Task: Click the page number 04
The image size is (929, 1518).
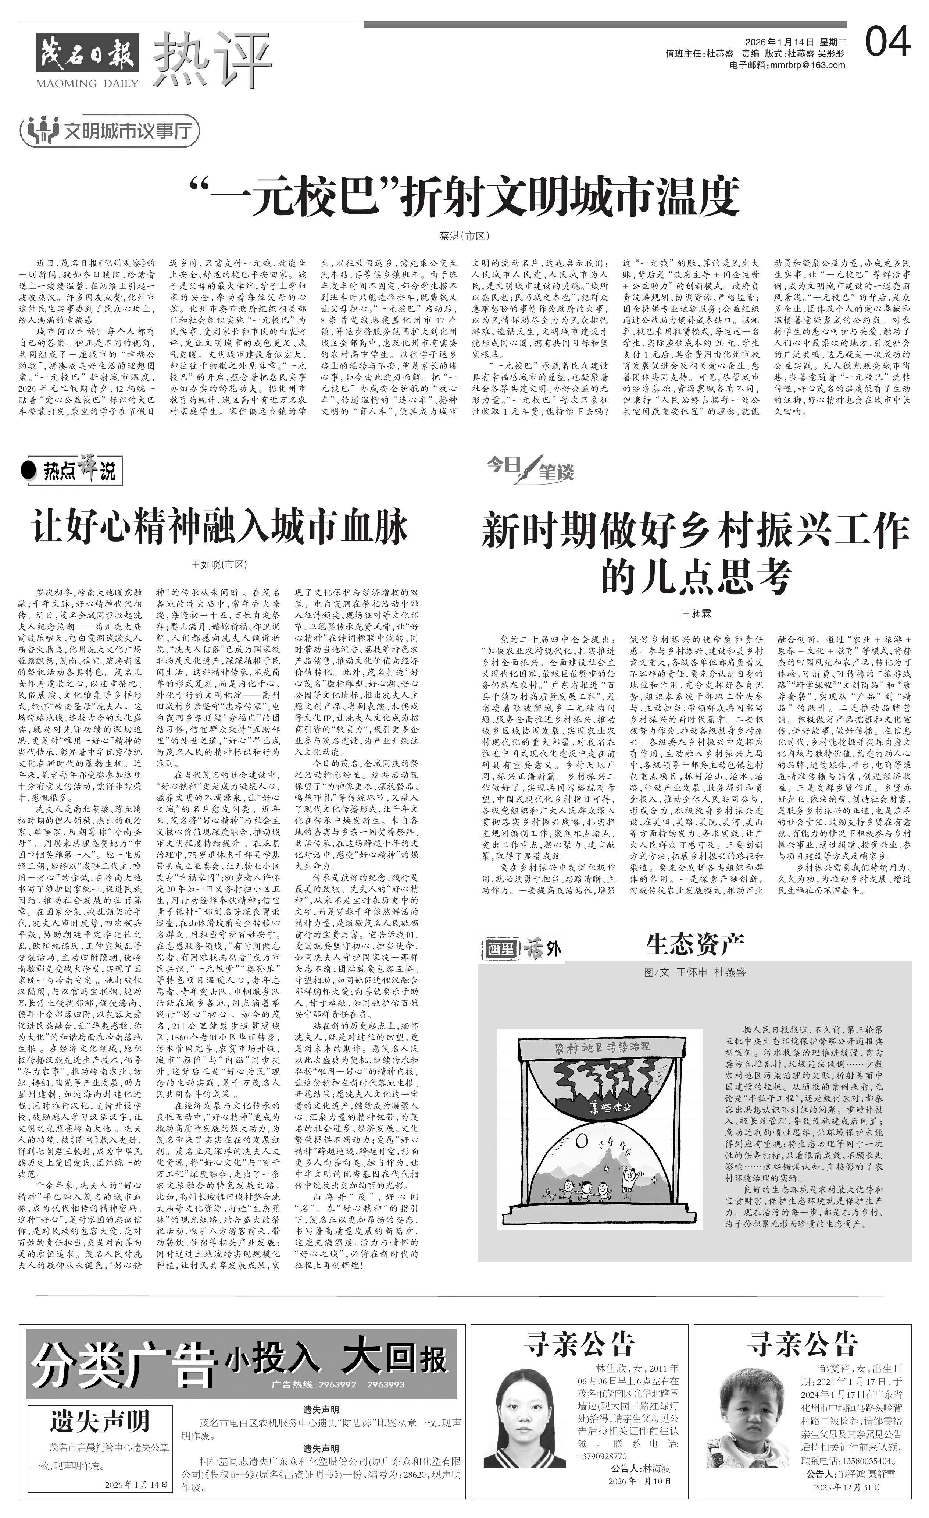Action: (x=887, y=43)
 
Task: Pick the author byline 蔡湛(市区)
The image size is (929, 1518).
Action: (x=464, y=235)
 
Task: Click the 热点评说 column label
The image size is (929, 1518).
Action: (x=71, y=471)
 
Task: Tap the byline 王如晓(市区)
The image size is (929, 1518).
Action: (x=219, y=564)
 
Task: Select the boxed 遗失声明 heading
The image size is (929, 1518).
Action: (x=100, y=1421)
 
